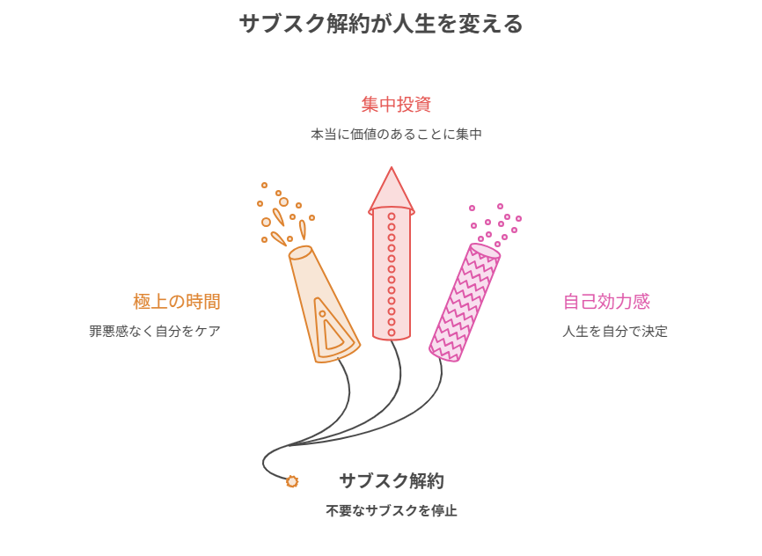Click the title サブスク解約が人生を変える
381,24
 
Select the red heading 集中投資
396,105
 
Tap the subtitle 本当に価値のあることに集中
396,134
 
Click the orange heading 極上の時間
177,302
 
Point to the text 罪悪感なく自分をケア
155,332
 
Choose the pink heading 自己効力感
606,302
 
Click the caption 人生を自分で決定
615,332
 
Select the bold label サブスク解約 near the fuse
392,480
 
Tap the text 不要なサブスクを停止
392,511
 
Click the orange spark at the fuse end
291,481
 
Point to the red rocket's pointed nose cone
392,191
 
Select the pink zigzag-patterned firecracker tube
465,303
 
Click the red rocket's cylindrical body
392,274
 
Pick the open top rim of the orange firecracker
301,252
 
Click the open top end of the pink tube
485,251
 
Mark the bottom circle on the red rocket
392,333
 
